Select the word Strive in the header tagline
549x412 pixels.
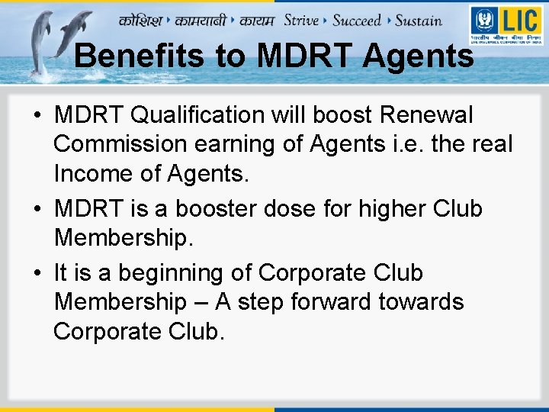[x=300, y=20]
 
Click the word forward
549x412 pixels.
[x=336, y=302]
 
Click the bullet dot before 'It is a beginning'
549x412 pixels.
[x=37, y=274]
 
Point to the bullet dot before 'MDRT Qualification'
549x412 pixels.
[x=37, y=116]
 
